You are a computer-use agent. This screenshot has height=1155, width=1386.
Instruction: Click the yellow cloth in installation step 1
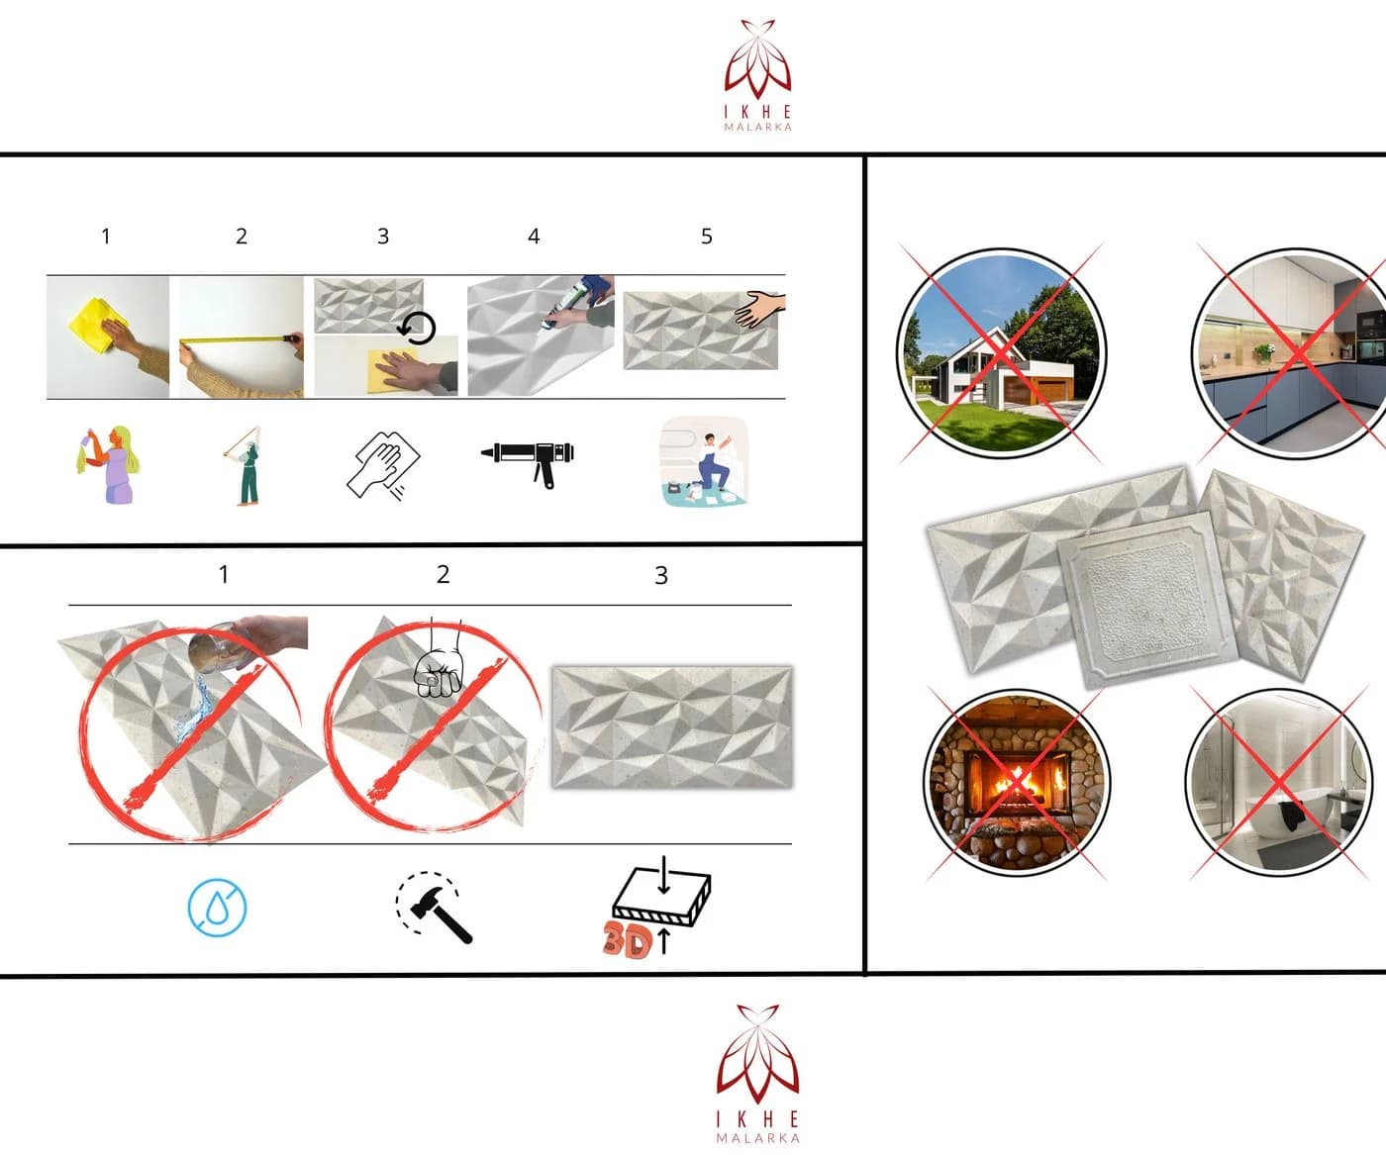coord(92,326)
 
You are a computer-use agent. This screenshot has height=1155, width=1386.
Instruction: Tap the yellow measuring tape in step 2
coord(237,339)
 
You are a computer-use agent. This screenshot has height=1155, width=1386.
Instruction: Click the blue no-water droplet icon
coord(217,908)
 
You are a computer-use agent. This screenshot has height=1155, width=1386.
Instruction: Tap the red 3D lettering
coord(627,940)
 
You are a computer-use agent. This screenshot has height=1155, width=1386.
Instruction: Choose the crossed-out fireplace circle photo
coord(1018,782)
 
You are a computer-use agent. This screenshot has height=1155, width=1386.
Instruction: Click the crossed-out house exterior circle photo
coord(1002,353)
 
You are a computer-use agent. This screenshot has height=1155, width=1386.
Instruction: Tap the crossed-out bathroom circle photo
coord(1278,782)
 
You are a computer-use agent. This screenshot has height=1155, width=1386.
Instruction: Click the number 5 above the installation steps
coord(707,237)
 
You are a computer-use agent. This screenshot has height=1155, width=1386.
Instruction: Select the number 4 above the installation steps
coord(534,237)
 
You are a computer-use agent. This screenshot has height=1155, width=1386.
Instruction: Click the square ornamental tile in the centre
coord(1147,600)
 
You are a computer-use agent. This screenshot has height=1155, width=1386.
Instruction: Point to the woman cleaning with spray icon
coord(108,464)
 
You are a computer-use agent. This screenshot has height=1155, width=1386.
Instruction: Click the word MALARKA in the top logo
coord(758,127)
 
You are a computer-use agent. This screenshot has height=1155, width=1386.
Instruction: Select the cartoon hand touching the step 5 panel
coord(761,309)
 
